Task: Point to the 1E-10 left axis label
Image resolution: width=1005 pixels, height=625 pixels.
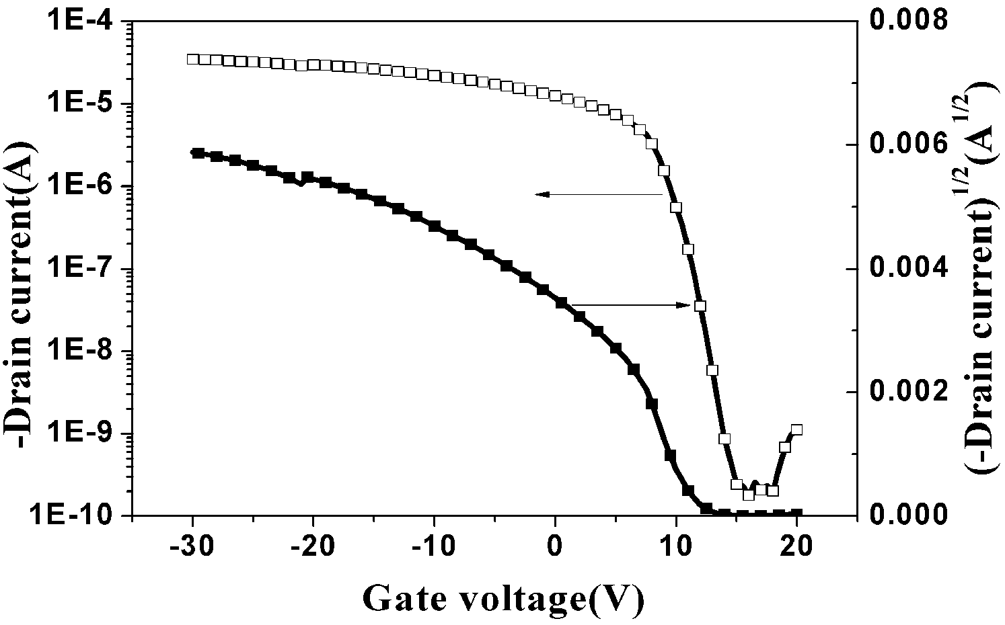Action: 77,515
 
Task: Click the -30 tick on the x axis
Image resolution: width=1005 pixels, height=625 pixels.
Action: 192,546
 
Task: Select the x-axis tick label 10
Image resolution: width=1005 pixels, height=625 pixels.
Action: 677,546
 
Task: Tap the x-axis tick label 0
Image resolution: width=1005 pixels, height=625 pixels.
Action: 556,546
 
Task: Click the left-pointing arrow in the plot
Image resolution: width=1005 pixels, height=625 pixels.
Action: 599,194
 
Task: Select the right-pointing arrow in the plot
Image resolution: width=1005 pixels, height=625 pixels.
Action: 631,305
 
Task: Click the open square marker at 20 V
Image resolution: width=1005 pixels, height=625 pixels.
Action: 797,429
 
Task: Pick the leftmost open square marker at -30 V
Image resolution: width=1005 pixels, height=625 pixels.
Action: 192,59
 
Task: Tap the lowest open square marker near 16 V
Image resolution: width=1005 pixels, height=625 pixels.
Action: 748,495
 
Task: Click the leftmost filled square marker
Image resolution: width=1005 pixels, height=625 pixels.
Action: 197,153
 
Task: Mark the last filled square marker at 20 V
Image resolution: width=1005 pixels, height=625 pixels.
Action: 797,514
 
